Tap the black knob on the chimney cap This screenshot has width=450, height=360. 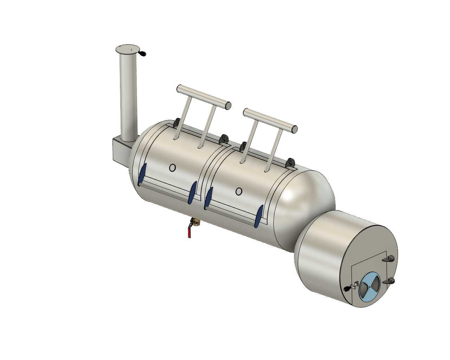[x=143, y=54]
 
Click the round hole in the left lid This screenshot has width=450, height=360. [x=172, y=168]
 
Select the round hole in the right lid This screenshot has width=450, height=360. [x=239, y=192]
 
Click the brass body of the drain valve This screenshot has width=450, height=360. [x=194, y=222]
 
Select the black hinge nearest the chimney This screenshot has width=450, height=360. [x=177, y=123]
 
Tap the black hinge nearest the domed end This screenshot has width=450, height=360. [x=290, y=162]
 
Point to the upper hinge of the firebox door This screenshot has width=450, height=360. [x=390, y=259]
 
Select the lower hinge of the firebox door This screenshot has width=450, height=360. [x=390, y=281]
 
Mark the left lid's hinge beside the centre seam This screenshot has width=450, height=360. [x=224, y=139]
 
